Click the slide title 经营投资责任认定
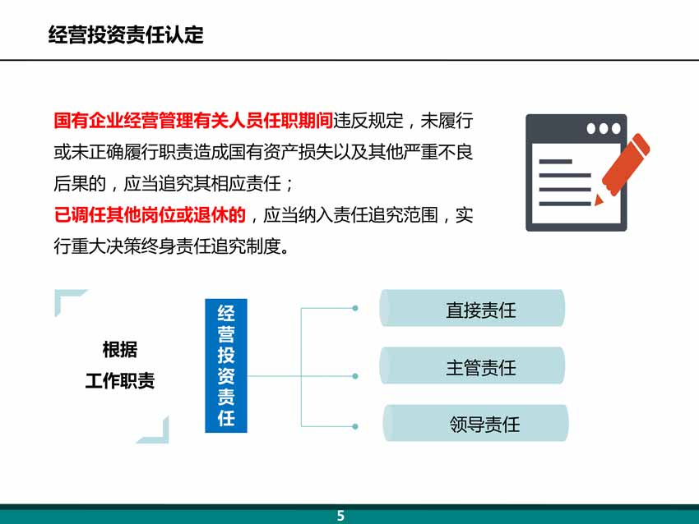(x=126, y=34)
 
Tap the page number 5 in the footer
(x=340, y=516)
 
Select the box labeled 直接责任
(x=472, y=308)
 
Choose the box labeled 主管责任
(x=472, y=365)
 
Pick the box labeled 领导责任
(x=475, y=423)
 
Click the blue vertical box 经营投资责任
(x=226, y=365)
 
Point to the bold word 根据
(x=120, y=350)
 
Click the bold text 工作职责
(x=120, y=381)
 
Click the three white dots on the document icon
(x=604, y=129)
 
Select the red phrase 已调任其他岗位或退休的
(x=150, y=215)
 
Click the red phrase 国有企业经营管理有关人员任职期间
(x=193, y=121)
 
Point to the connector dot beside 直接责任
(x=355, y=308)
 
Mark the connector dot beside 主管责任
(x=355, y=376)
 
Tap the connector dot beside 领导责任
(x=355, y=426)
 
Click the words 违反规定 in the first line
(x=368, y=121)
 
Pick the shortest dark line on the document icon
(x=555, y=162)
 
